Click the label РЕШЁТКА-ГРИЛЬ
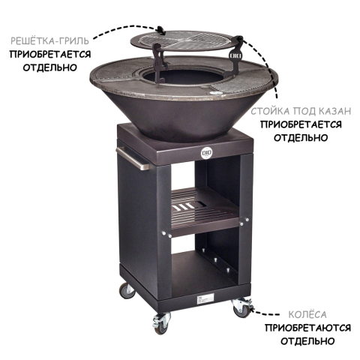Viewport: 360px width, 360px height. click(x=49, y=40)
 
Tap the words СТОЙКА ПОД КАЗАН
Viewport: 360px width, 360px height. click(x=301, y=111)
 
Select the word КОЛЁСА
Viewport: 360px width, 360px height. click(x=307, y=315)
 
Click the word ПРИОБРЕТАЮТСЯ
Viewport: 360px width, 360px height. click(x=307, y=328)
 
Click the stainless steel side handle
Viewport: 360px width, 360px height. click(x=133, y=158)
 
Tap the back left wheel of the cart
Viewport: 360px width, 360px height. click(x=127, y=291)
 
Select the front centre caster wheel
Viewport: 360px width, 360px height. click(x=160, y=325)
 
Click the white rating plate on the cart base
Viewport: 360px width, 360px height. click(x=205, y=299)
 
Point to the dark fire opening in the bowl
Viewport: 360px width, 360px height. click(x=184, y=77)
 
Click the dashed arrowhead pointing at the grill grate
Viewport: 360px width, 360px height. click(x=162, y=31)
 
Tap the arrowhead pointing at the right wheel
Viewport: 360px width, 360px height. click(x=253, y=310)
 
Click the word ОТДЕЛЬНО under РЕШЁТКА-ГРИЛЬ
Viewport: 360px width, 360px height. click(x=49, y=67)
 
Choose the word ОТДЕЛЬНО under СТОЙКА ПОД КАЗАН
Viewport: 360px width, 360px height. click(x=301, y=138)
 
